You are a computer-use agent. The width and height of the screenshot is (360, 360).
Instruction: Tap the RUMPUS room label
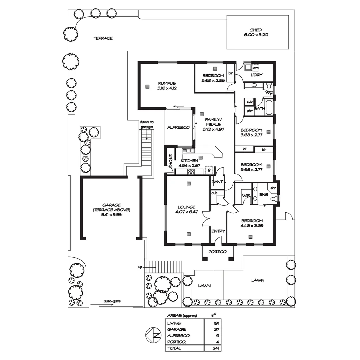pos(167,83)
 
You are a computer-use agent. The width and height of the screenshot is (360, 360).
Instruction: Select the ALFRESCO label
pos(178,127)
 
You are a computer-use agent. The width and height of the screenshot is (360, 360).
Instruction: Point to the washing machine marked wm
pos(256,68)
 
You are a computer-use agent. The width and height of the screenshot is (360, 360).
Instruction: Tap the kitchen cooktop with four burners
pos(191,172)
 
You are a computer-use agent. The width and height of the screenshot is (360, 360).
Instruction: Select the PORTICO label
pos(218,252)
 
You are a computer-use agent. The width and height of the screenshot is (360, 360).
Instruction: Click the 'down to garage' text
pos(147,124)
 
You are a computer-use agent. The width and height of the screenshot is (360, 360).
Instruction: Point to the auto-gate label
pos(112,301)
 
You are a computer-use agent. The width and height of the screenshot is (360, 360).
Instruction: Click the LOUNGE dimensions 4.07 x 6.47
pos(187,212)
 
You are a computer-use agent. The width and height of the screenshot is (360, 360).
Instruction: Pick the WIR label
pos(246,195)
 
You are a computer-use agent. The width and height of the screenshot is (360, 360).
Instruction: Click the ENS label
pos(263,195)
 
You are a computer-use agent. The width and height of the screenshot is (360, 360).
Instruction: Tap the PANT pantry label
pos(217,182)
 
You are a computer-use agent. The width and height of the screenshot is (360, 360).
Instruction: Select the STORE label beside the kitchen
pos(170,161)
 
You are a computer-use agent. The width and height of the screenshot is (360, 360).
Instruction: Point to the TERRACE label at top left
pos(103,38)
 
